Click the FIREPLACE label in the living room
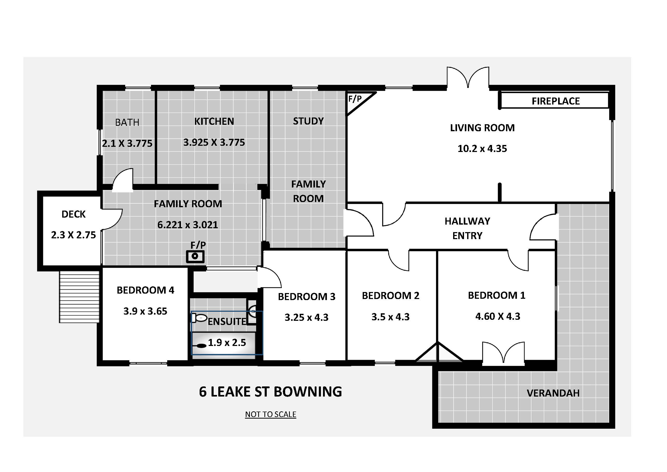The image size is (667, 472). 556,101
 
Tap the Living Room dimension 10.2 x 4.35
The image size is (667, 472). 482,149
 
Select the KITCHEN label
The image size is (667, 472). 214,121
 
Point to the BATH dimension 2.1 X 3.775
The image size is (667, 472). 127,143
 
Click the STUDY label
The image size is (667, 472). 308,121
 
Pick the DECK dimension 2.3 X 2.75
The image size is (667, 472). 74,235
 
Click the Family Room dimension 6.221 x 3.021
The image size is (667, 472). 188,225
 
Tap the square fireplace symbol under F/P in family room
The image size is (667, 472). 195,257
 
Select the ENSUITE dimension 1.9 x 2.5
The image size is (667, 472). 227,343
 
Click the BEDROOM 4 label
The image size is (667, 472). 145,290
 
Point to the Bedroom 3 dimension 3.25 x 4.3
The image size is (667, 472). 306,317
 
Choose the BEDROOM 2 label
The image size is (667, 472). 390,296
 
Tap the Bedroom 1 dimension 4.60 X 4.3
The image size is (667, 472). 498,316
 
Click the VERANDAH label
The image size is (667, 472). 553,393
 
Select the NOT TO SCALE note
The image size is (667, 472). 270,414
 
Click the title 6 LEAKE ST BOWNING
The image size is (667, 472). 270,392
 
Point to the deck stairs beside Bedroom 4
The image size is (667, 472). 79,297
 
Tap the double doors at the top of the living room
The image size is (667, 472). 468,77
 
